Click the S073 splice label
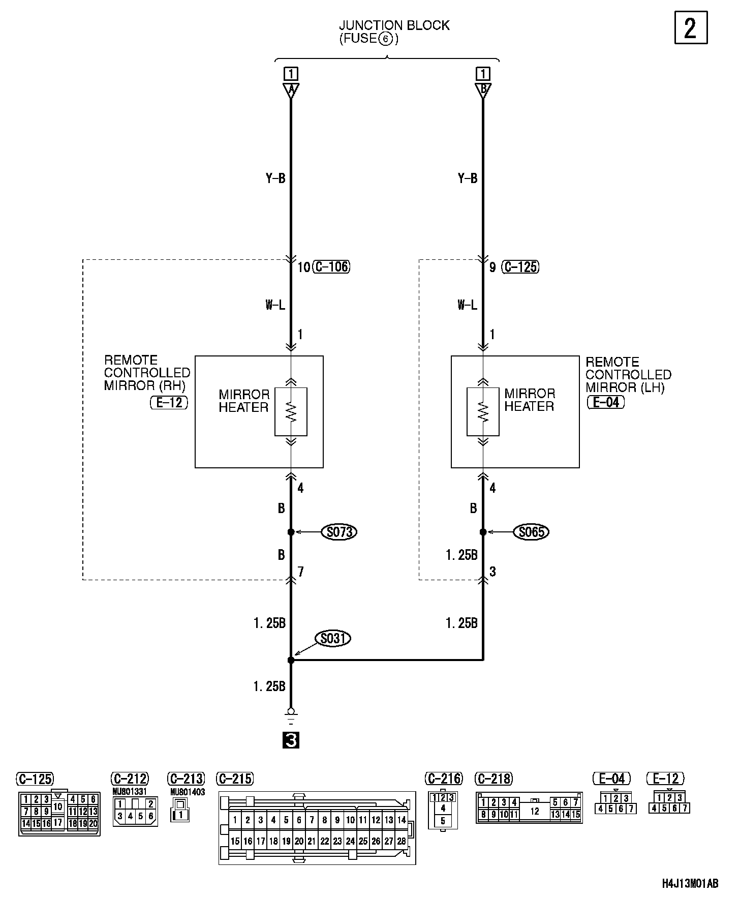point(339,532)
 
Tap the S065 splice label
point(532,532)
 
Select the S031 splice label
point(333,638)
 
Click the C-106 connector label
point(331,266)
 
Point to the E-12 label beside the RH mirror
point(169,403)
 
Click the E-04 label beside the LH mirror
point(605,402)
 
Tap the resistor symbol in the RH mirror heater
point(291,411)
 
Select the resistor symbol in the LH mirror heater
point(483,411)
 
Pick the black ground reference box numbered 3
point(291,740)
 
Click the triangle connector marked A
point(291,91)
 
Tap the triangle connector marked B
point(483,91)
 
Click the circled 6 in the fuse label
point(386,39)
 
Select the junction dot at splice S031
point(291,660)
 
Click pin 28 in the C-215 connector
point(402,841)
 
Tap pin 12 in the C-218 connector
point(534,812)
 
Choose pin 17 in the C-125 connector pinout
point(57,822)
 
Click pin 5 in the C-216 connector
point(443,821)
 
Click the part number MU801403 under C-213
point(188,792)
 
